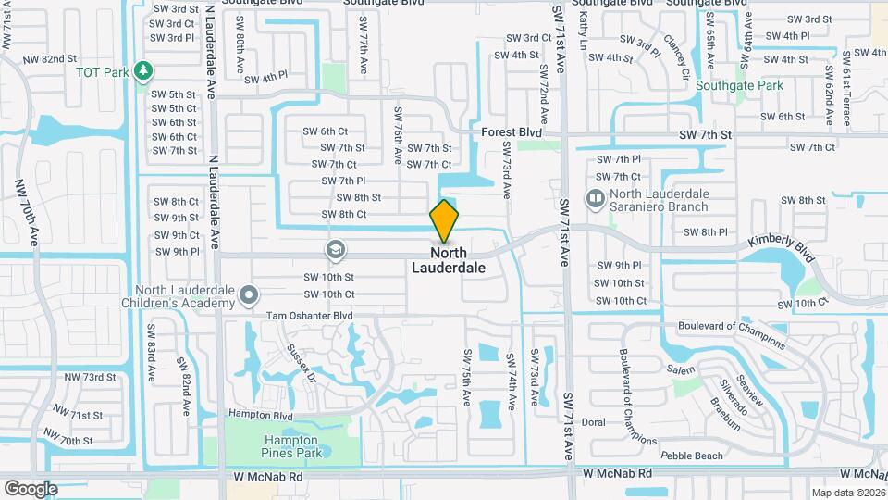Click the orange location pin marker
[x=444, y=220]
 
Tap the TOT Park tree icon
[x=142, y=70]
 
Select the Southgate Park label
[x=740, y=86]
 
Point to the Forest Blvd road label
[x=512, y=133]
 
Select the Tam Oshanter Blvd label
[x=310, y=316]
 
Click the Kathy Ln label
[x=583, y=32]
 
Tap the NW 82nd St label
[x=76, y=59]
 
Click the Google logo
[x=31, y=488]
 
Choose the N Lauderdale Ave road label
[x=213, y=199]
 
